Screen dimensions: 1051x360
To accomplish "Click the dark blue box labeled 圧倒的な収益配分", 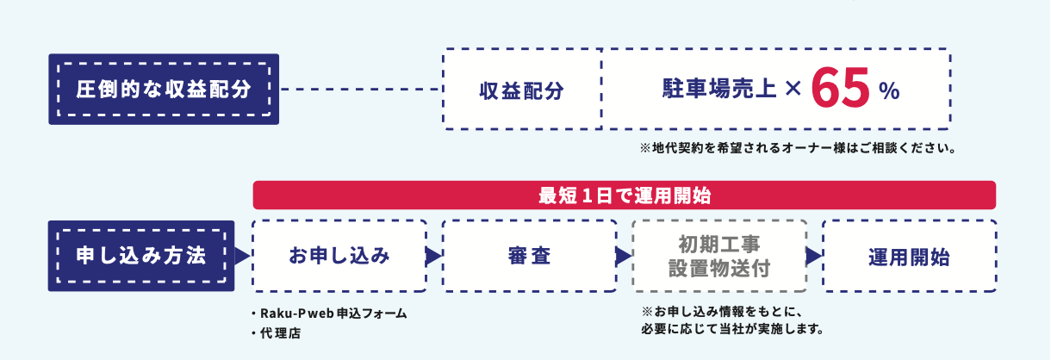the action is click(x=164, y=89).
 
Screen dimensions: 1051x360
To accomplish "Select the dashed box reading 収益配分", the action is click(x=521, y=90).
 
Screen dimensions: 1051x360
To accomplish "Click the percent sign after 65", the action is click(x=889, y=91).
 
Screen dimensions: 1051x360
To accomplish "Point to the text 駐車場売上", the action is click(x=719, y=89).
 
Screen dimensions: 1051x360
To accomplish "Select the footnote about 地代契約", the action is click(x=799, y=148).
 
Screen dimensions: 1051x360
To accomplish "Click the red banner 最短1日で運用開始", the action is click(x=624, y=195).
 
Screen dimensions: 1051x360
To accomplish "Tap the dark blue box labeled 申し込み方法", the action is click(x=140, y=256).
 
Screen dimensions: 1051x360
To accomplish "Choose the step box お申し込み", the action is click(x=339, y=256).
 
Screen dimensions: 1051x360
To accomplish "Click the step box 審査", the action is click(x=529, y=256).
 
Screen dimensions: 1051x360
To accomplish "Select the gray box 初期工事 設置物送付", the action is click(x=719, y=256).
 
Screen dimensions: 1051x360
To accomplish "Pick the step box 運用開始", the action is click(x=909, y=256).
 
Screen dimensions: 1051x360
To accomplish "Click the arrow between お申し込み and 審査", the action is click(x=433, y=256).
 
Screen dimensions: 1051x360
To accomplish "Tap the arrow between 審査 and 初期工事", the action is click(x=624, y=256).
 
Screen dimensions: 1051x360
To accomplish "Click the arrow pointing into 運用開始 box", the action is click(x=813, y=256).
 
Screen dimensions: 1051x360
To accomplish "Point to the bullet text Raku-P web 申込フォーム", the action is click(x=327, y=313).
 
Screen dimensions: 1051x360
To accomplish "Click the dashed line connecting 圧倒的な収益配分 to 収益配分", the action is click(x=361, y=89).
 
